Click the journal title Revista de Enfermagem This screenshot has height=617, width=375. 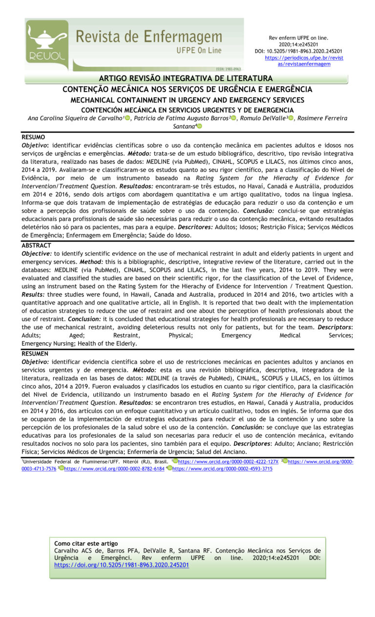pyautogui.click(x=148, y=37)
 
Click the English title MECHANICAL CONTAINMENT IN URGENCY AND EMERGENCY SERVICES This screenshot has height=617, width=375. pyautogui.click(x=187, y=100)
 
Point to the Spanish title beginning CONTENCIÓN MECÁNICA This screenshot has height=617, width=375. pyautogui.click(x=187, y=110)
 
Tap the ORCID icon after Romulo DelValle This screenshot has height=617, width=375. pyautogui.click(x=291, y=119)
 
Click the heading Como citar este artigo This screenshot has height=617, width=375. pyautogui.click(x=86, y=543)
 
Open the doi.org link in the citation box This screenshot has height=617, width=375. pyautogui.click(x=122, y=565)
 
